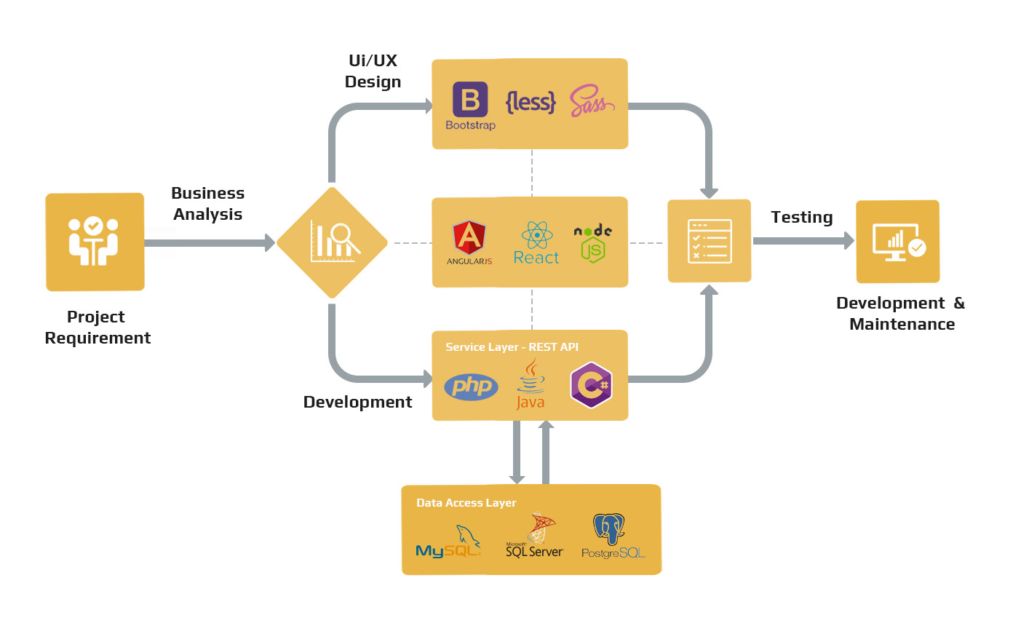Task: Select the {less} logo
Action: pyautogui.click(x=531, y=103)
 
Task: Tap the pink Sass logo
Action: pyautogui.click(x=591, y=102)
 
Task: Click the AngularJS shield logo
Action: pyautogui.click(x=469, y=241)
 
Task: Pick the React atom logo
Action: pyautogui.click(x=536, y=242)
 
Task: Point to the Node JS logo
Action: pyautogui.click(x=592, y=242)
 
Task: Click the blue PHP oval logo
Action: pyautogui.click(x=471, y=386)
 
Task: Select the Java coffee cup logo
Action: pyautogui.click(x=531, y=384)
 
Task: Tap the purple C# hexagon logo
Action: pyautogui.click(x=591, y=384)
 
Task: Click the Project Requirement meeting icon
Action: pyautogui.click(x=95, y=242)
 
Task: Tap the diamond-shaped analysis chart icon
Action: pyautogui.click(x=332, y=242)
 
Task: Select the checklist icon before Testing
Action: pyautogui.click(x=709, y=241)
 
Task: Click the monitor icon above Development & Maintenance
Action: pyautogui.click(x=897, y=242)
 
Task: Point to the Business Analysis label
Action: pyautogui.click(x=207, y=203)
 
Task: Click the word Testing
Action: pyautogui.click(x=801, y=217)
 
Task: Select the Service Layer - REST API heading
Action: pyautogui.click(x=512, y=347)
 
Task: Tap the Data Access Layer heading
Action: pyautogui.click(x=466, y=503)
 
